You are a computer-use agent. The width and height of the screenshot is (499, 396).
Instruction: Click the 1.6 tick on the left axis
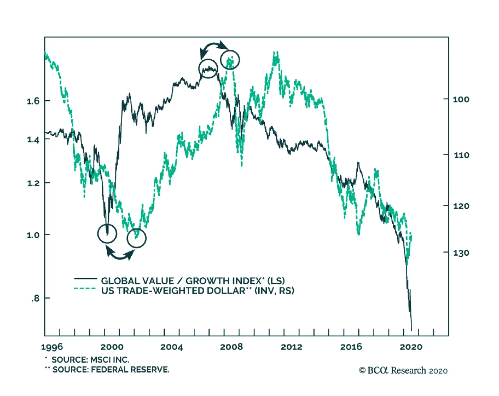click(33, 101)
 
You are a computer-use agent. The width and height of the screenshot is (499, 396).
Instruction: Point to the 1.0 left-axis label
click(33, 235)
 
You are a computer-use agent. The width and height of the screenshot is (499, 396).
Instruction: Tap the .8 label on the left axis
click(35, 299)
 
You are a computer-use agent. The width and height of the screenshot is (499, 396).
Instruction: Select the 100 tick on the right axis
click(461, 100)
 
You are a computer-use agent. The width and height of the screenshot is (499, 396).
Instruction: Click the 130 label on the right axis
click(461, 253)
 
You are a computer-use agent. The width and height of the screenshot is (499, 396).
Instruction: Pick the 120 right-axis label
click(461, 206)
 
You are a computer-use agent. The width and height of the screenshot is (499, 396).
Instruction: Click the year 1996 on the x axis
click(52, 347)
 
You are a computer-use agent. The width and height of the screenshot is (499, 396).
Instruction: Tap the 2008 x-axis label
click(231, 347)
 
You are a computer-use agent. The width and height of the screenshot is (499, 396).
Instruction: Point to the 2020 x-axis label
click(411, 347)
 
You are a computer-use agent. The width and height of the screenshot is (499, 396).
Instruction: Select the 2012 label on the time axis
click(291, 347)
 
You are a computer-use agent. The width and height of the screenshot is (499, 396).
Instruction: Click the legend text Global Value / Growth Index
click(193, 281)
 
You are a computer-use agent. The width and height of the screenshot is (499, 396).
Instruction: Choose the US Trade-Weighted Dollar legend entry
click(197, 291)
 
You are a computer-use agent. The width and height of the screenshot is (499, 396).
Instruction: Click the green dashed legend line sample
click(85, 289)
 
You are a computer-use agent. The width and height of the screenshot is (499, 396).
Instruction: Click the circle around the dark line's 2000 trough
click(107, 234)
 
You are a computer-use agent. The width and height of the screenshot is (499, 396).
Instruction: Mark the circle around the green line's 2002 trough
click(136, 238)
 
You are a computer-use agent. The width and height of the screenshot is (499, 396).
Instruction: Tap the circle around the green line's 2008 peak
click(230, 60)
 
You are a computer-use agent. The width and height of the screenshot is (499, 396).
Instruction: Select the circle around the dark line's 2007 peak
click(208, 69)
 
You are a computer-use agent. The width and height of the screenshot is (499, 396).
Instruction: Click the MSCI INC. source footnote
click(90, 360)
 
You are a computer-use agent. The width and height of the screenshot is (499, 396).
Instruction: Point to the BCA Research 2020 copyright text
click(403, 370)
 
